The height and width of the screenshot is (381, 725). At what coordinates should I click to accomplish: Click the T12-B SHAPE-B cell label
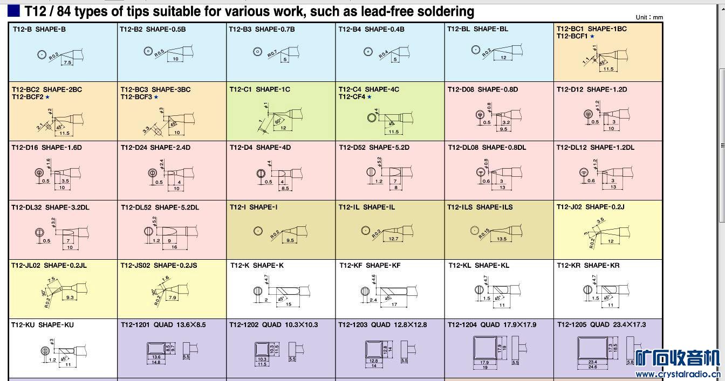39,29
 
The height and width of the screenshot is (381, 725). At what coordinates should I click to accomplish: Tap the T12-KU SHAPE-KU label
43,325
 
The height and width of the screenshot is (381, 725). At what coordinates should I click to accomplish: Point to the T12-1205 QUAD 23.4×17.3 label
601,324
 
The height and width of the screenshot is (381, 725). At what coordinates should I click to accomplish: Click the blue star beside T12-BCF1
592,37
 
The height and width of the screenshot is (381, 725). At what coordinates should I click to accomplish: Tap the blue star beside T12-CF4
370,97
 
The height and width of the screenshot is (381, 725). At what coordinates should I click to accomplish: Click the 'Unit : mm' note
649,17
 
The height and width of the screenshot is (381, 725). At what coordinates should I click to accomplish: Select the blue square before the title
14,11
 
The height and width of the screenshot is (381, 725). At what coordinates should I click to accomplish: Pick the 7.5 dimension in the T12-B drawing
67,63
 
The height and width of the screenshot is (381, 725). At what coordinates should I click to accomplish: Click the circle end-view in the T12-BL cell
476,50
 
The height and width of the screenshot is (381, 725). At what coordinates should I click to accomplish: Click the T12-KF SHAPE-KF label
370,265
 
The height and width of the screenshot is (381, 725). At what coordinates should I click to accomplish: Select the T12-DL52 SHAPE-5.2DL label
160,207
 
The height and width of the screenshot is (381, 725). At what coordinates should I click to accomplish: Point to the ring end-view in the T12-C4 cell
372,118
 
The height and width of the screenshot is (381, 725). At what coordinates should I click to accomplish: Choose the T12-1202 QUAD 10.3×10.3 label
273,324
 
